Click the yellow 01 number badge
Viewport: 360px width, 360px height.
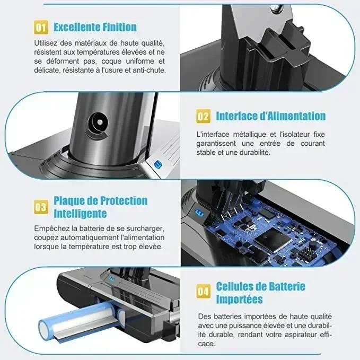(x=41, y=27)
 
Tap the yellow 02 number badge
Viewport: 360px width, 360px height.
(x=203, y=116)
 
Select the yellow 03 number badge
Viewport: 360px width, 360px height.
(x=41, y=207)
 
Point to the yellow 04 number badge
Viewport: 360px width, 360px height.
(x=203, y=291)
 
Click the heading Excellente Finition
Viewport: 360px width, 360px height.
(x=95, y=27)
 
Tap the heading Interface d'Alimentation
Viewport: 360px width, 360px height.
(x=270, y=116)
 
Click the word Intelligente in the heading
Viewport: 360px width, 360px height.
(x=80, y=214)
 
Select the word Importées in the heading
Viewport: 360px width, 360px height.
(x=239, y=299)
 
